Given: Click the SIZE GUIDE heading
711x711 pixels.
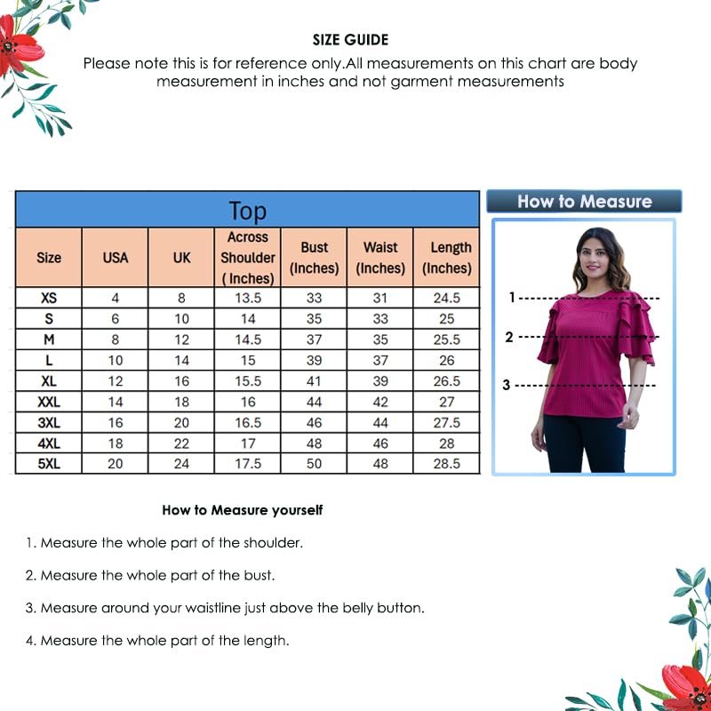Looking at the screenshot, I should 350,40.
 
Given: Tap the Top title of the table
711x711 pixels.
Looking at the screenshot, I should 247,211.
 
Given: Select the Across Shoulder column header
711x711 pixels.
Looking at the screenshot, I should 248,258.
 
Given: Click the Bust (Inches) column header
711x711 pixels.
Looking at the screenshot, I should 315,258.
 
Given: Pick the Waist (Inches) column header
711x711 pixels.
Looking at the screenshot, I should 380,258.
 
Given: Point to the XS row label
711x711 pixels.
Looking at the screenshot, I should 49,298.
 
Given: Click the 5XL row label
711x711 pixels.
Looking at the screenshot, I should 49,464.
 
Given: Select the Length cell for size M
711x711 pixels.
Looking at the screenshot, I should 447,340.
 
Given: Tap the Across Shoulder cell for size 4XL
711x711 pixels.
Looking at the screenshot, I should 248,443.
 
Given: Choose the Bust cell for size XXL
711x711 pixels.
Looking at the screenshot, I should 315,402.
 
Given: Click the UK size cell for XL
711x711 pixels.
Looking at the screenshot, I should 181,380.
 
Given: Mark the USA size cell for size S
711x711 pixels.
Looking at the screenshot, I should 116,318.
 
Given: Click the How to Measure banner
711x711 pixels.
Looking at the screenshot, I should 584,202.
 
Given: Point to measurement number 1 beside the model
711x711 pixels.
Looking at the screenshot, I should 512,297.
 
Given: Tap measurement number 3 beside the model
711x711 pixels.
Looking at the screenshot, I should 507,385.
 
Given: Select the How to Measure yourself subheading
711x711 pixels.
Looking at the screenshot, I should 242,510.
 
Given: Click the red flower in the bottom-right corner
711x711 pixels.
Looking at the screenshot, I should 689,686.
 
